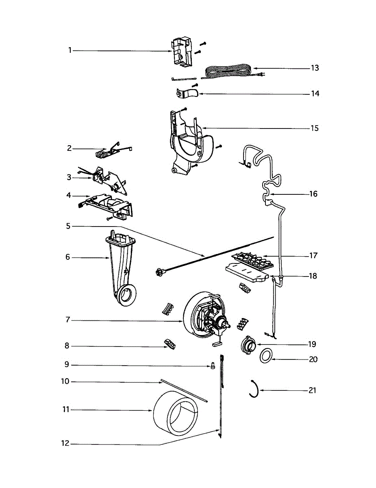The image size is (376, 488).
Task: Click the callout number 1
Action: pyautogui.click(x=70, y=50)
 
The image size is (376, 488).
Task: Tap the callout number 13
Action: pyautogui.click(x=315, y=68)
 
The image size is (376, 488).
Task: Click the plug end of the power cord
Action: pyautogui.click(x=262, y=74)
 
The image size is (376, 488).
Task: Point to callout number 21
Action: pyautogui.click(x=312, y=390)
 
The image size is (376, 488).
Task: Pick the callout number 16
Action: pyautogui.click(x=313, y=194)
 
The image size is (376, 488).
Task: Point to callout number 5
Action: pyautogui.click(x=69, y=226)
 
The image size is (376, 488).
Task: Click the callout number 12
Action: pyautogui.click(x=65, y=444)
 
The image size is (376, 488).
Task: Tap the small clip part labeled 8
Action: pyautogui.click(x=170, y=344)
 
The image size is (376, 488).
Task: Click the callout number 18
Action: pyautogui.click(x=312, y=276)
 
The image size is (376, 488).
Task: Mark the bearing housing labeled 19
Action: pyautogui.click(x=248, y=345)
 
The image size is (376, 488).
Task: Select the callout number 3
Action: pyautogui.click(x=69, y=177)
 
